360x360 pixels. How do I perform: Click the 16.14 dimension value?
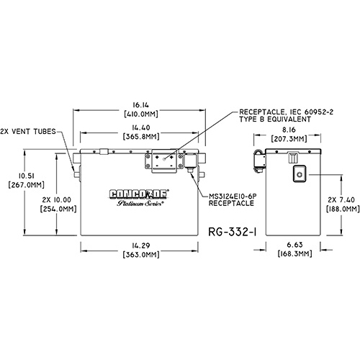pyautogui.click(x=140, y=105)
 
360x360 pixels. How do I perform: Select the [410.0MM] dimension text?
pyautogui.click(x=141, y=114)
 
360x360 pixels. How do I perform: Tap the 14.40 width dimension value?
pyautogui.click(x=141, y=127)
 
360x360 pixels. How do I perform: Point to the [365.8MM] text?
pyautogui.click(x=141, y=136)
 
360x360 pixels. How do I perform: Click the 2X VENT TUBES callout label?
pyautogui.click(x=28, y=132)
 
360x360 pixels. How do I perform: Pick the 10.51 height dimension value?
pyautogui.click(x=27, y=176)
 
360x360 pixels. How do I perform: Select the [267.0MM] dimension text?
pyautogui.click(x=26, y=185)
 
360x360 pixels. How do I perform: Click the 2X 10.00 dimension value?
pyautogui.click(x=57, y=200)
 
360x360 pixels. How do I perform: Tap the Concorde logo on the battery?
pyautogui.click(x=139, y=194)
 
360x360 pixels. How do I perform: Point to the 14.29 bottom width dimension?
pyautogui.click(x=141, y=246)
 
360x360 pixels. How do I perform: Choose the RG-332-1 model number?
pyautogui.click(x=232, y=232)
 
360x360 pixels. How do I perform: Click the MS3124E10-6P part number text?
pyautogui.click(x=233, y=197)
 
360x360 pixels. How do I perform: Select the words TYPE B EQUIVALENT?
pyautogui.click(x=275, y=119)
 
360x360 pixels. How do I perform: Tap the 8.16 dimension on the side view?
pyautogui.click(x=289, y=130)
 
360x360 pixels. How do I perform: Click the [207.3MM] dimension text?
pyautogui.click(x=289, y=139)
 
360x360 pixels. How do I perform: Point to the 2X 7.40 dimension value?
pyautogui.click(x=343, y=200)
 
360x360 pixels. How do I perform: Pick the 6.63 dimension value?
pyautogui.click(x=294, y=245)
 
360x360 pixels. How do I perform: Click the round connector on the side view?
pyautogui.click(x=300, y=174)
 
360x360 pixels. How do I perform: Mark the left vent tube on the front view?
pyautogui.click(x=76, y=174)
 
